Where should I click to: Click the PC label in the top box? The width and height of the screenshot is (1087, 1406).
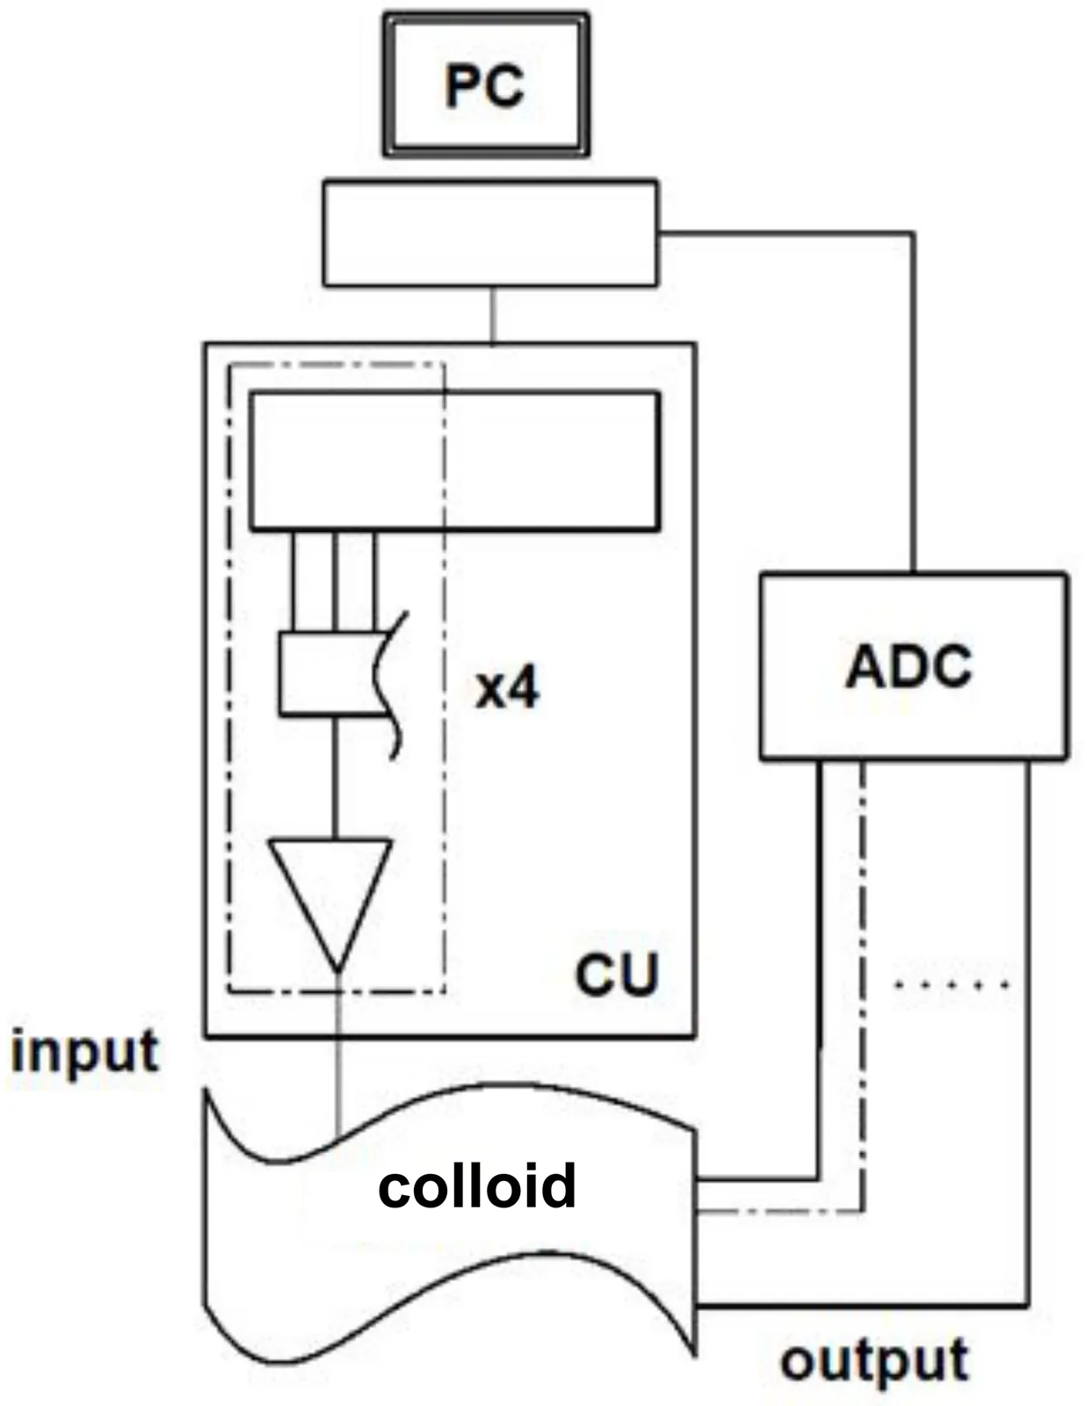pyautogui.click(x=484, y=86)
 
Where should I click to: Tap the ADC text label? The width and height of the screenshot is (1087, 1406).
pyautogui.click(x=909, y=667)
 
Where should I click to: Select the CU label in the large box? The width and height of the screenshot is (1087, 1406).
pyautogui.click(x=616, y=974)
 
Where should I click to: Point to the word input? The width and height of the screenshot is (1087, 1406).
pyautogui.click(x=84, y=1051)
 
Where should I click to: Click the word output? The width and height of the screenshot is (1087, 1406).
pyautogui.click(x=874, y=1360)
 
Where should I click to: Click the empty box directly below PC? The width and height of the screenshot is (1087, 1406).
pyautogui.click(x=489, y=233)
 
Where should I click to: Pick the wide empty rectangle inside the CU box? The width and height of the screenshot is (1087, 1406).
pyautogui.click(x=454, y=461)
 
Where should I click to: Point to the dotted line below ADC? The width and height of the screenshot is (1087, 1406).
pyautogui.click(x=953, y=984)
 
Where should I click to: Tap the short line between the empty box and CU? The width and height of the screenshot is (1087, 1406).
pyautogui.click(x=493, y=314)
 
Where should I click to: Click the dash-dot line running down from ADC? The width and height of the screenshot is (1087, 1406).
pyautogui.click(x=863, y=967)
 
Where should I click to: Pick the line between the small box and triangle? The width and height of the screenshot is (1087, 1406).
pyautogui.click(x=335, y=778)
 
